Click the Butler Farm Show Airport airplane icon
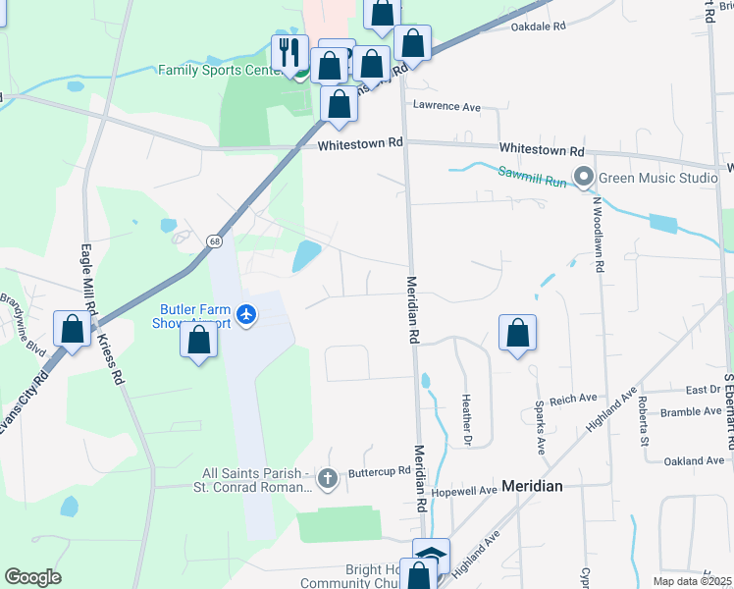click(245, 315)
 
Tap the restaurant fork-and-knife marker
click(289, 52)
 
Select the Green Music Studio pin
click(585, 178)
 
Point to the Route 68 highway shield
click(214, 241)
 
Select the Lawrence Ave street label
click(446, 106)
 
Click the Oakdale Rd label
click(539, 27)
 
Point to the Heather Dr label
click(467, 416)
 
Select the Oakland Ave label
click(693, 460)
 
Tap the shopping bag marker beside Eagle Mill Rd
click(72, 329)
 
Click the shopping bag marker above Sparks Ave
click(517, 334)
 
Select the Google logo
click(33, 577)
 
